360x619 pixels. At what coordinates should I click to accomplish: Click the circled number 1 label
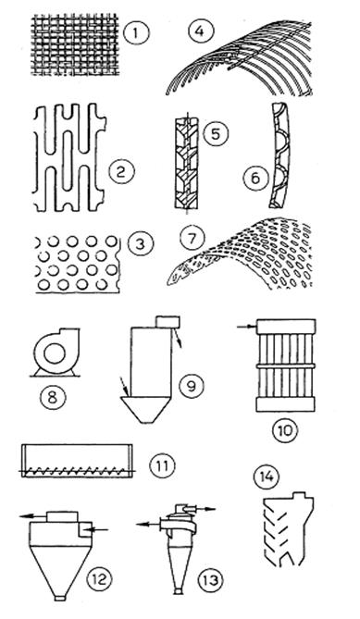pyautogui.click(x=137, y=32)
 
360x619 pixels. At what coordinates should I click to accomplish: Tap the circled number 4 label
pyautogui.click(x=200, y=31)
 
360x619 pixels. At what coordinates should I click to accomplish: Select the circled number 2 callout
pyautogui.click(x=121, y=172)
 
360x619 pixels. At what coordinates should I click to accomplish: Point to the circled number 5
pyautogui.click(x=216, y=134)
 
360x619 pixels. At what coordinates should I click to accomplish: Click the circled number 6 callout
pyautogui.click(x=255, y=178)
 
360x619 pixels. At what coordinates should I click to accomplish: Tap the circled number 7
pyautogui.click(x=192, y=240)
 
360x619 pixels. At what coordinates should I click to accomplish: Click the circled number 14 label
pyautogui.click(x=266, y=477)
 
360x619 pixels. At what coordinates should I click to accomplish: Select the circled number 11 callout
pyautogui.click(x=162, y=465)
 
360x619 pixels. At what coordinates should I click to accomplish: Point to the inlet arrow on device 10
pyautogui.click(x=247, y=327)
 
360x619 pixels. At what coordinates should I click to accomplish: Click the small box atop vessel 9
pyautogui.click(x=168, y=322)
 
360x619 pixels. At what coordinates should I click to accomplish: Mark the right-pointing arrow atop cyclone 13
pyautogui.click(x=205, y=509)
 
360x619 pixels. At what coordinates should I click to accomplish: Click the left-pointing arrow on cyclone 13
pyautogui.click(x=148, y=525)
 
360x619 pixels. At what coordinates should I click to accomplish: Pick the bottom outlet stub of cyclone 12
pyautogui.click(x=60, y=598)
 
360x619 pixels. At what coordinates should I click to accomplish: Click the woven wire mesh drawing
pyautogui.click(x=75, y=44)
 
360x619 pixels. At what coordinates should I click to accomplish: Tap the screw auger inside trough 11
pyautogui.click(x=77, y=471)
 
